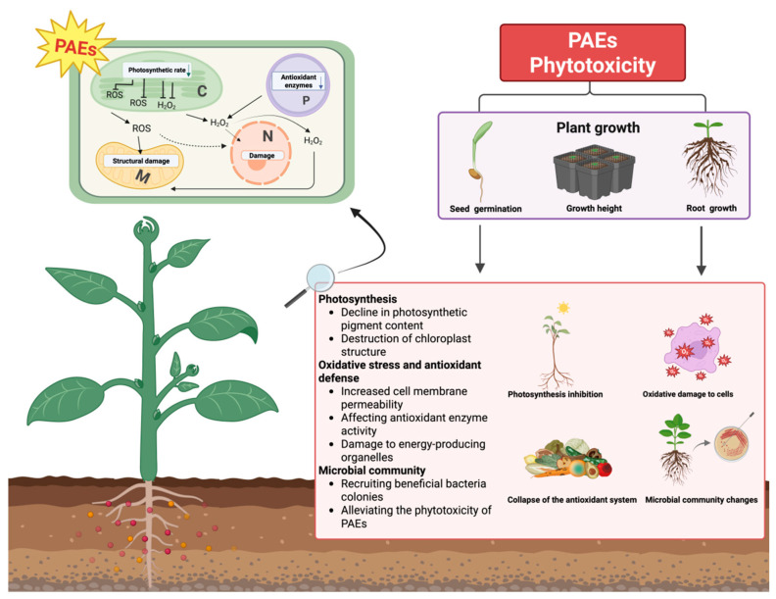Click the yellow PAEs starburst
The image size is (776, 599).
[x=75, y=45]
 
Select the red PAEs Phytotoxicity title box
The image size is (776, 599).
[x=593, y=53]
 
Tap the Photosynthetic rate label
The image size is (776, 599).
[x=157, y=70]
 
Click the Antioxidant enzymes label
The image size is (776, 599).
[x=299, y=81]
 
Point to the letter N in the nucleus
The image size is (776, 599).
[x=267, y=136]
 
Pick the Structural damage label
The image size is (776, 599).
[x=141, y=161]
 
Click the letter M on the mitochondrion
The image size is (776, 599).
[x=143, y=175]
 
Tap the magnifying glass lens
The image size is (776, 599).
[x=320, y=277]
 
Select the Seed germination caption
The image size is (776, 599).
[x=486, y=209]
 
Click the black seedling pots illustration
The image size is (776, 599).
[x=594, y=172]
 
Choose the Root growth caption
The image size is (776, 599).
[x=711, y=209]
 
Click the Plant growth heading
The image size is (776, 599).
[x=598, y=127]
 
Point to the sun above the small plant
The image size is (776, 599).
[x=562, y=308]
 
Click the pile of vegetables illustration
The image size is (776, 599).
[x=567, y=459]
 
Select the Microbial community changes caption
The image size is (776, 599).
[x=702, y=500]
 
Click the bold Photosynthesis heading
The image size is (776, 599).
[x=358, y=299]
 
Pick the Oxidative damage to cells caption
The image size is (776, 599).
[x=688, y=394]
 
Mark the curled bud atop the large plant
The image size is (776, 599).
[x=147, y=229]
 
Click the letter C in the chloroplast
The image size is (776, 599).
[x=202, y=91]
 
